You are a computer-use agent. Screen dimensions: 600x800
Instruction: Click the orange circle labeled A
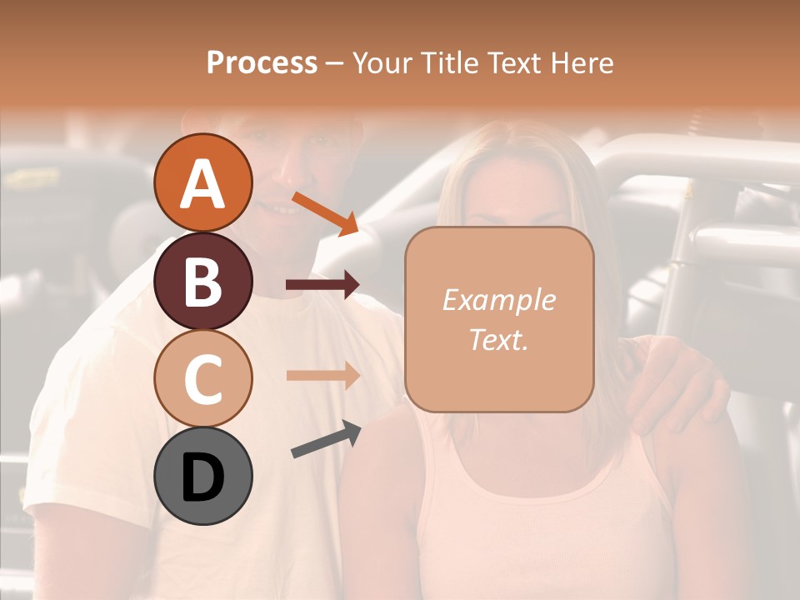click(202, 182)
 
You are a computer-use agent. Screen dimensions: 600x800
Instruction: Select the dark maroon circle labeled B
click(202, 281)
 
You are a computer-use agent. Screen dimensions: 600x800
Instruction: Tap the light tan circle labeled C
click(202, 378)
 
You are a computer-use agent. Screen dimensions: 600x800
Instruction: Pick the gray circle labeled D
click(202, 476)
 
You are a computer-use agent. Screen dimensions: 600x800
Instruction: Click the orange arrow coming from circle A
click(325, 213)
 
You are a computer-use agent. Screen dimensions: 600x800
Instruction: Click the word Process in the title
click(262, 62)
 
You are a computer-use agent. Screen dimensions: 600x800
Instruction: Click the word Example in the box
click(498, 300)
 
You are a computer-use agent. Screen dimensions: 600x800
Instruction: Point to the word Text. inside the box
click(498, 340)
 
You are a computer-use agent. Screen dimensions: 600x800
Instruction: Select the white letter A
click(202, 183)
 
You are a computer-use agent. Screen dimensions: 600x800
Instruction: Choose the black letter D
click(202, 477)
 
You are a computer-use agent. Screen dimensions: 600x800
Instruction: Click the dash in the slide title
click(335, 63)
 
